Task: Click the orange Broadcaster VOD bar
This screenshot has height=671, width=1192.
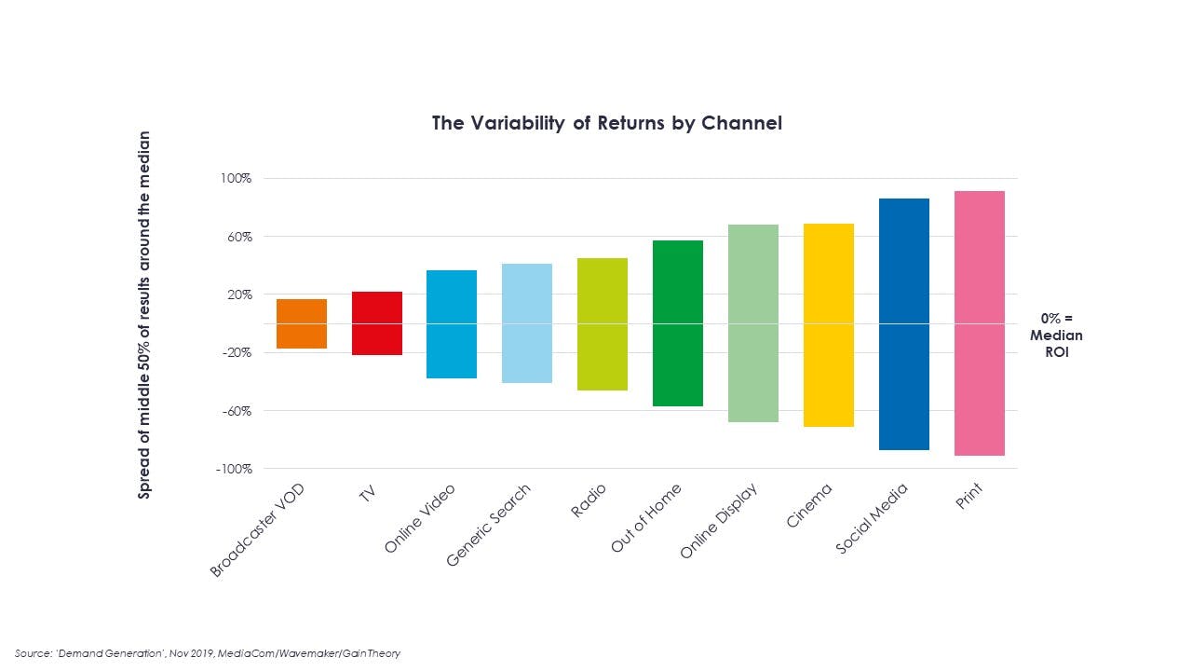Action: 302,323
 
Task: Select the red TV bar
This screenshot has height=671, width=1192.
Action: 377,323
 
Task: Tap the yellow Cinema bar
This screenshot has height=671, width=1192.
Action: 828,324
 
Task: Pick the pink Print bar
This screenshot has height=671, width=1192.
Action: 979,323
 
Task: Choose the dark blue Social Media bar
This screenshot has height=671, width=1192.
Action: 903,323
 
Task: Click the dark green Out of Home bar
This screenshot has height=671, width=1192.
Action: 678,323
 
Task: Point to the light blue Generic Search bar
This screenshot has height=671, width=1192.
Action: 527,323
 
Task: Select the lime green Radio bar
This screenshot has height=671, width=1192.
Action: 603,323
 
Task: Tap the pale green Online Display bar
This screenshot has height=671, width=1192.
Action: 752,323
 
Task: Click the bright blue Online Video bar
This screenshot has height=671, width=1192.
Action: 452,323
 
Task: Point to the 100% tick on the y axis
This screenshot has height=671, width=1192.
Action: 235,178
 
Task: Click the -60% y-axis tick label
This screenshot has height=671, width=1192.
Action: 235,411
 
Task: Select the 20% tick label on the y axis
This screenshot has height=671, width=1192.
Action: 237,294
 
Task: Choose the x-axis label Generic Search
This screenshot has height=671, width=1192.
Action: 488,526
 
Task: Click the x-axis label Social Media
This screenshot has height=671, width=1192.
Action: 871,519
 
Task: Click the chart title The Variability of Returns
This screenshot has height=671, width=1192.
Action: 606,123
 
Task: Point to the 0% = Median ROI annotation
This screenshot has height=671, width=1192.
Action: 1056,335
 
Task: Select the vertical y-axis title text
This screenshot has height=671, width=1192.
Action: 144,314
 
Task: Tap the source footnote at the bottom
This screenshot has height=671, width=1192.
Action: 208,653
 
